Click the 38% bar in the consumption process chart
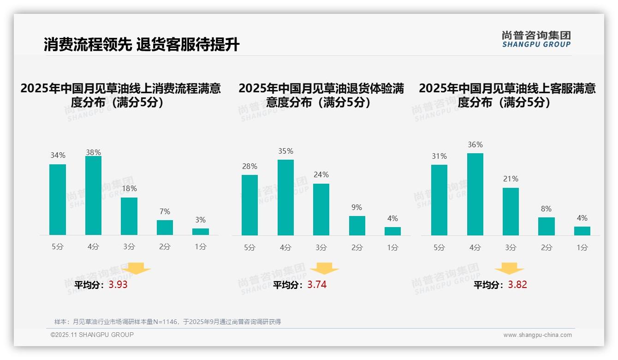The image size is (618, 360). [x=93, y=196]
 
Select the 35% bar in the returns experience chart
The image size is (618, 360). [x=285, y=198]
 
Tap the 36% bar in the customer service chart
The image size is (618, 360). [x=475, y=194]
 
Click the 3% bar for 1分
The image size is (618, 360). [x=201, y=232]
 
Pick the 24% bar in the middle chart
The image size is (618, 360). [x=321, y=210]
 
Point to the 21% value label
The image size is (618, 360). [x=511, y=179]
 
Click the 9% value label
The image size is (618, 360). [x=357, y=208]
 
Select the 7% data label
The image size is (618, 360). [x=165, y=211]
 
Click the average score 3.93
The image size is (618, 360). [x=118, y=285]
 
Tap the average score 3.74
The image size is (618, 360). [x=317, y=285]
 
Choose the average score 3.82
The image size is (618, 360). [x=517, y=285]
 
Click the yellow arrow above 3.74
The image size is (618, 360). [x=324, y=268]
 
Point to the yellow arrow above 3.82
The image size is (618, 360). [x=509, y=268]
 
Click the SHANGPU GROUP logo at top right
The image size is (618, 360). [x=536, y=39]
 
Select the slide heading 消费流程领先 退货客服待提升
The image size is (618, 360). [x=141, y=45]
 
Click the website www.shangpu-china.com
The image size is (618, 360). [x=537, y=335]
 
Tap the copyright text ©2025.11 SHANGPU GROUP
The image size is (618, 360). [x=92, y=335]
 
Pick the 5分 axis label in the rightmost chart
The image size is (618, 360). [x=439, y=247]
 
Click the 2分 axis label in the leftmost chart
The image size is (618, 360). [x=165, y=247]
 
